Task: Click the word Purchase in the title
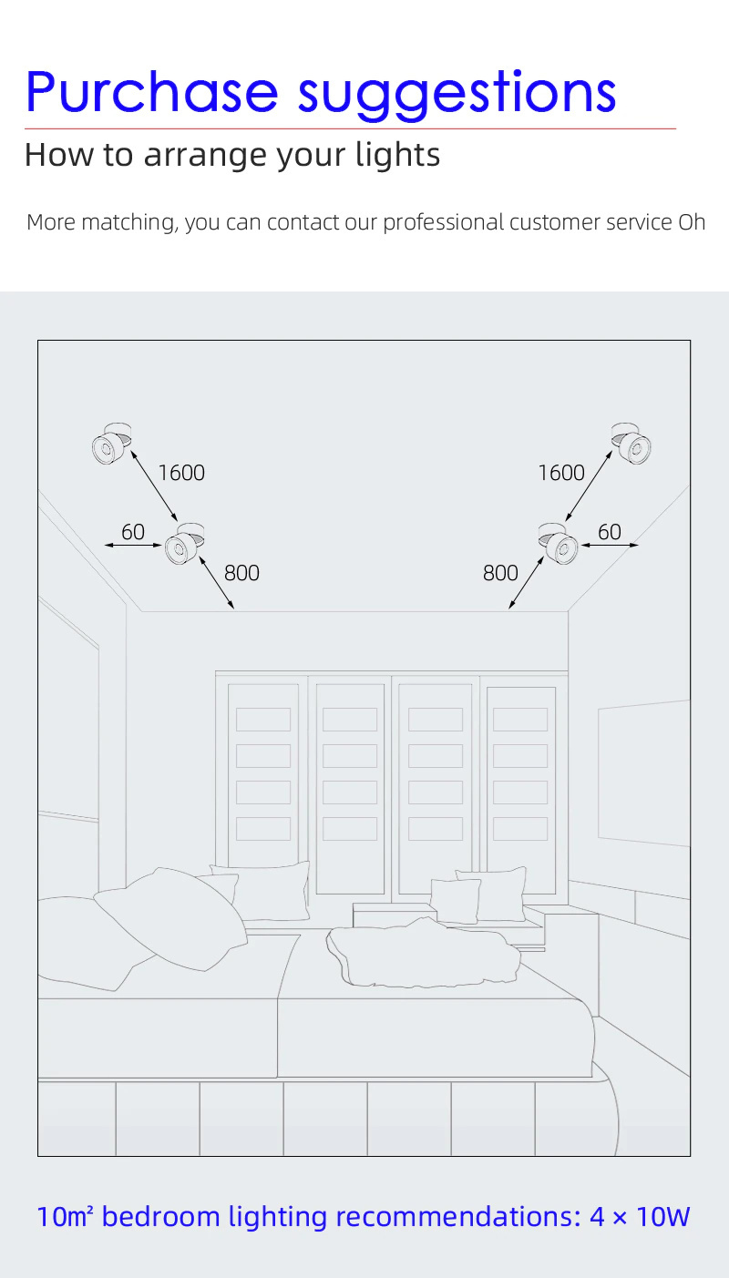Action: coord(152,91)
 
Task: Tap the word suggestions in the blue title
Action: coord(457,95)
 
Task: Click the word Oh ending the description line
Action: coord(692,222)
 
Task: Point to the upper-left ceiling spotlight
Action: coord(112,444)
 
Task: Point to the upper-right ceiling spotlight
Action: coord(631,444)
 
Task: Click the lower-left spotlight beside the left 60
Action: coord(184,543)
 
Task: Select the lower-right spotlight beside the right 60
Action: coord(559,543)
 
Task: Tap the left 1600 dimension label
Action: coord(181,473)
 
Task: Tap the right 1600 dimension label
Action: coord(561,473)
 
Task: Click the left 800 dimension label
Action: coord(241,573)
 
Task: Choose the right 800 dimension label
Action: coord(500,573)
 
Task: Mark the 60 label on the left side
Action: coord(133,532)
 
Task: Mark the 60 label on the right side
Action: coord(610,532)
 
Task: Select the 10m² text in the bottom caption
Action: coord(65,1216)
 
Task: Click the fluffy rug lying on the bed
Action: coord(424,952)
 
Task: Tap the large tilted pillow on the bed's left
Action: coord(170,918)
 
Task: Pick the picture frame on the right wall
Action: coord(644,773)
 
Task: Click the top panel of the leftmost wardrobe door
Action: coord(263,720)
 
